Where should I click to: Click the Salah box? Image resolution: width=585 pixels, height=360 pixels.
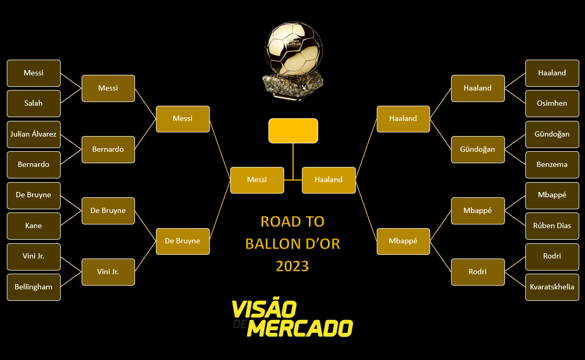pyautogui.click(x=33, y=104)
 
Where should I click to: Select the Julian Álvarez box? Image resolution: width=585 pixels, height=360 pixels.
pyautogui.click(x=33, y=134)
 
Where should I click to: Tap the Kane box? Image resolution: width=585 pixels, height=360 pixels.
pyautogui.click(x=33, y=226)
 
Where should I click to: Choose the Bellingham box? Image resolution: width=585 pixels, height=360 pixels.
pyautogui.click(x=33, y=287)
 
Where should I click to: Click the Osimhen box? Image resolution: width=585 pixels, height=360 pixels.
pyautogui.click(x=552, y=104)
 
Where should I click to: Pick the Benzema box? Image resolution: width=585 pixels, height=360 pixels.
pyautogui.click(x=552, y=165)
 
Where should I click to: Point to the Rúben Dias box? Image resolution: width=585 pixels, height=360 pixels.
pyautogui.click(x=552, y=226)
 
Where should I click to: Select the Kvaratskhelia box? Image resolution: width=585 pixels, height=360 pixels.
pyautogui.click(x=552, y=287)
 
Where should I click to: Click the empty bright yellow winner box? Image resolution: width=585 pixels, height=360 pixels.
pyautogui.click(x=293, y=131)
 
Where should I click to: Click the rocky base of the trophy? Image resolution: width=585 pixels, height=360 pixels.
pyautogui.click(x=292, y=85)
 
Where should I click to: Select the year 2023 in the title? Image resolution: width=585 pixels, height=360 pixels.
pyautogui.click(x=292, y=266)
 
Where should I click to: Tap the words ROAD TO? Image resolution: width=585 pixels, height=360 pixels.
pyautogui.click(x=292, y=222)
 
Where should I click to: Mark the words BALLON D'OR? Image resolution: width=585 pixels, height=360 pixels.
pyautogui.click(x=292, y=244)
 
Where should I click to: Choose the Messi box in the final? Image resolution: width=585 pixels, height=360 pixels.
pyautogui.click(x=257, y=180)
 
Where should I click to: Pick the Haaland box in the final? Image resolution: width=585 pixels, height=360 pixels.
pyautogui.click(x=329, y=180)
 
